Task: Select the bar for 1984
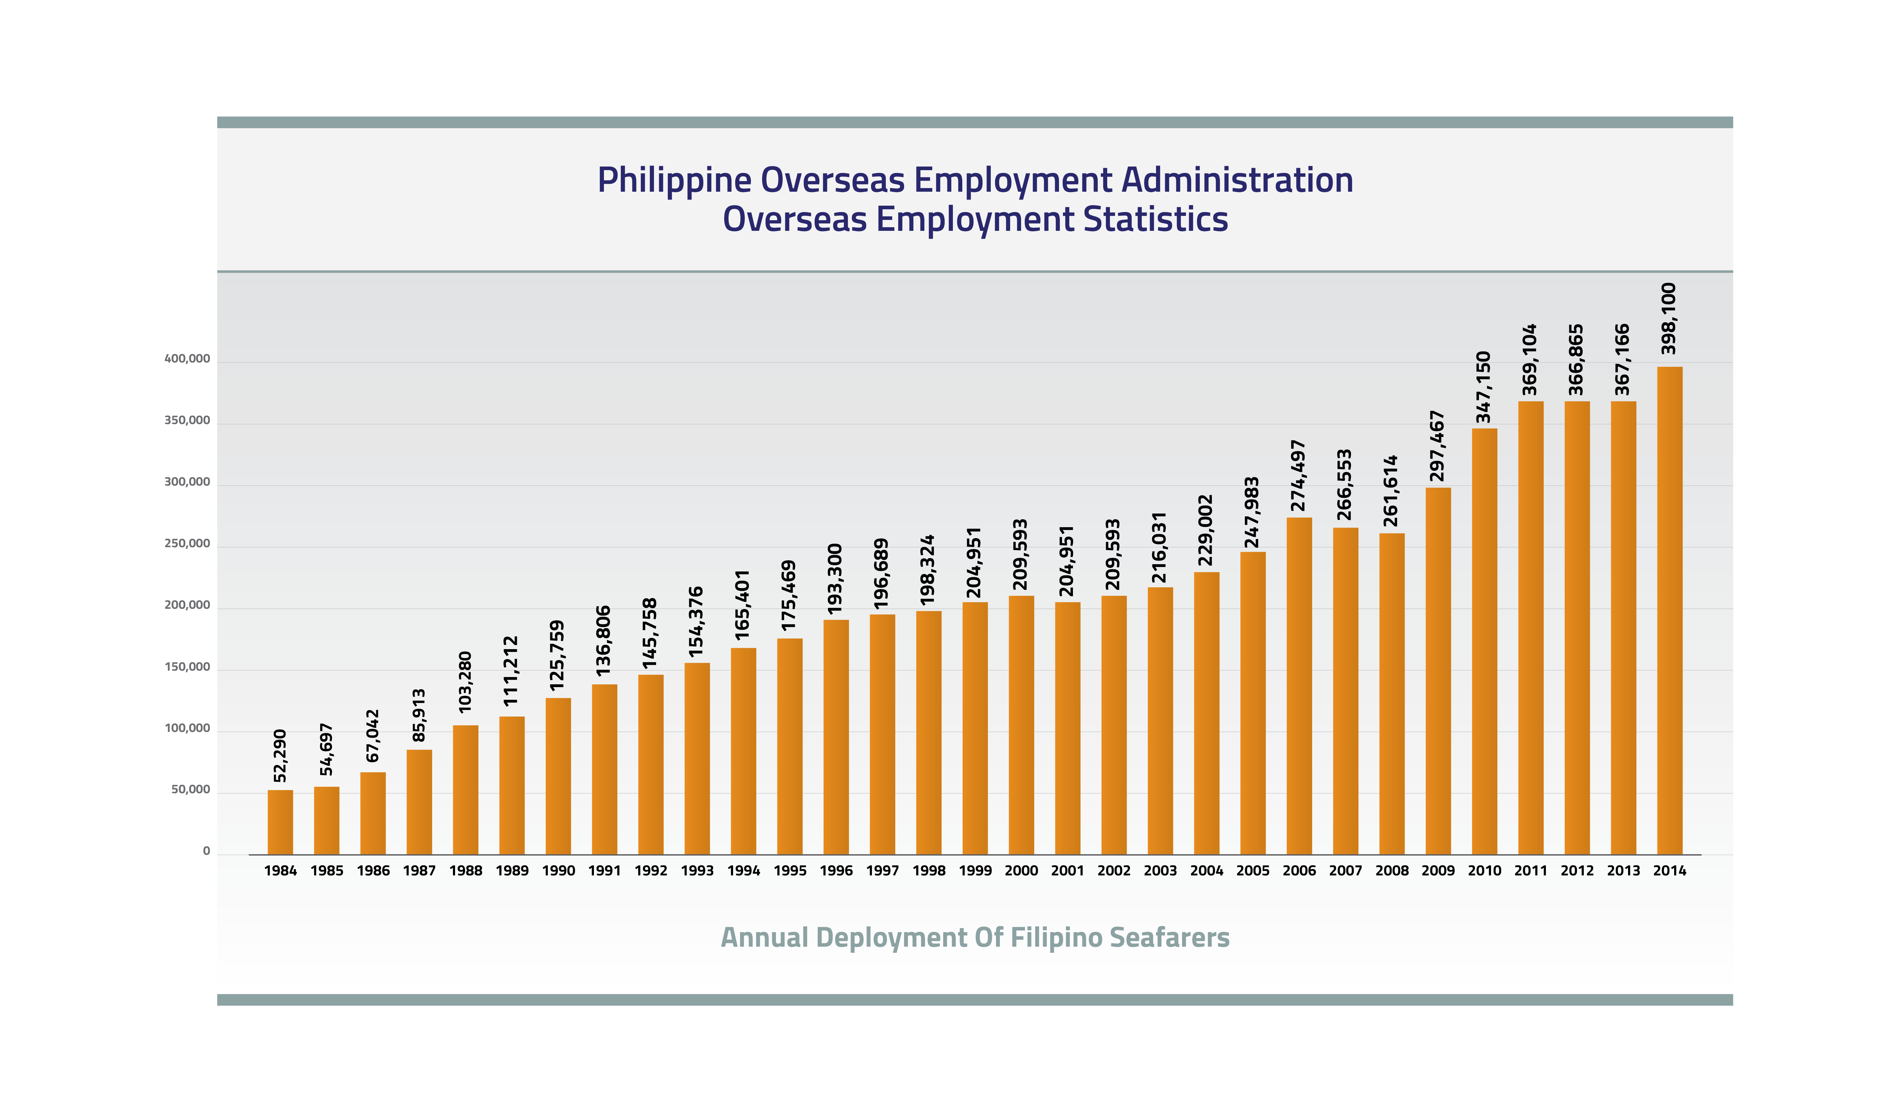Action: [280, 822]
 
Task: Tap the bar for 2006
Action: [1299, 686]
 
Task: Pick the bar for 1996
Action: [836, 737]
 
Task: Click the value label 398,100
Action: [1669, 318]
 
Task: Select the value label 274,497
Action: [1298, 476]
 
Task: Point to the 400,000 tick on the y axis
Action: [187, 359]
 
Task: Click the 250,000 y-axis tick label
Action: [187, 544]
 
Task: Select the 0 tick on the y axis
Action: [206, 851]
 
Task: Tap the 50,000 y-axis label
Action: [190, 790]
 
